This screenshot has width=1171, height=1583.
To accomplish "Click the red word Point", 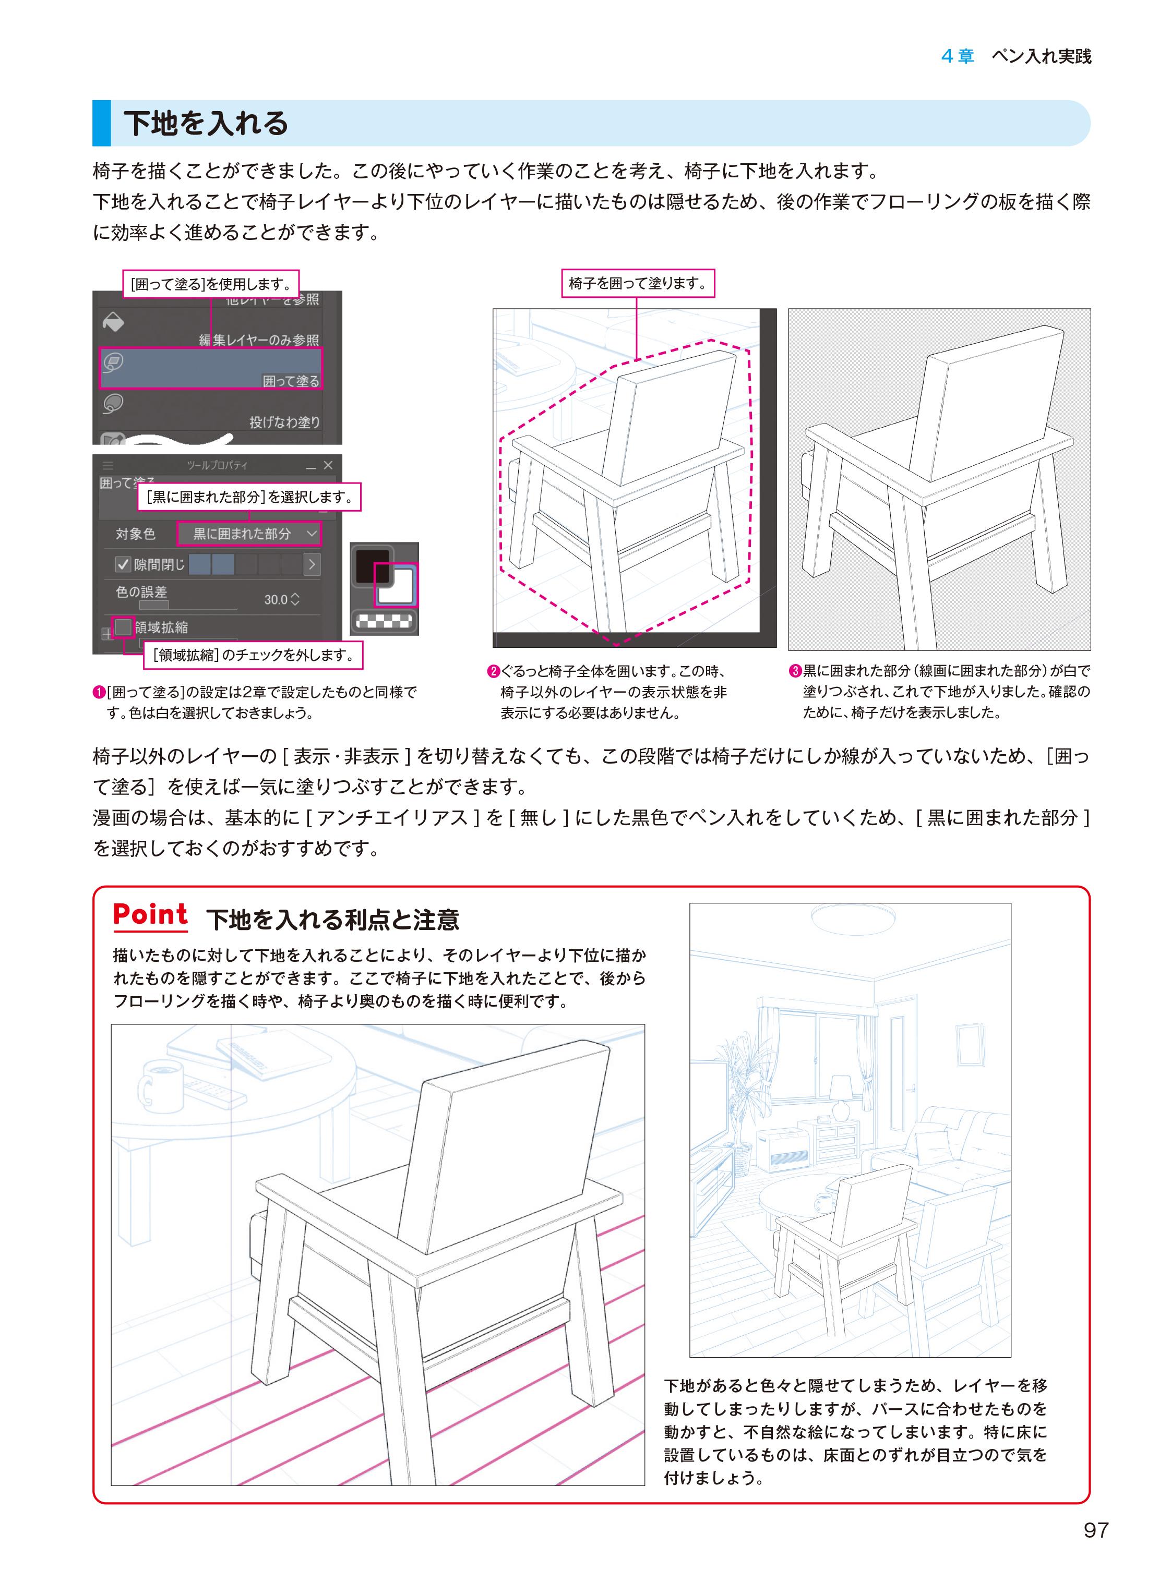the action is point(150,915).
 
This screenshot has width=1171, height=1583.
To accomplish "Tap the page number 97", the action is point(1096,1530).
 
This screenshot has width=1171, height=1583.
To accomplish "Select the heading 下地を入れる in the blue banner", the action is point(206,123).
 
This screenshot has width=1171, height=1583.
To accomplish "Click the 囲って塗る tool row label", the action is point(291,381).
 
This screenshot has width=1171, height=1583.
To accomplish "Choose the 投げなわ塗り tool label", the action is point(284,422).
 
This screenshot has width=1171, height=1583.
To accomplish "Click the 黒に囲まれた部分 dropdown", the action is point(248,534).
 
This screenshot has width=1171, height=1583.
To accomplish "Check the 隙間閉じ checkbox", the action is point(123,564).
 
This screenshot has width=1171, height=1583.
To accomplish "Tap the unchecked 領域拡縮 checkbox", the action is point(123,626).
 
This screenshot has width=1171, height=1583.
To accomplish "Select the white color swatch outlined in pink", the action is point(395,585).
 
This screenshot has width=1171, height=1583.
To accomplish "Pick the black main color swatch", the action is point(371,565).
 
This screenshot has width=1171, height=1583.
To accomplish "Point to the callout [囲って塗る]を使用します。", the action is point(211,284).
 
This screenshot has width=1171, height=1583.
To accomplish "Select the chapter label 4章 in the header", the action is point(958,57).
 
